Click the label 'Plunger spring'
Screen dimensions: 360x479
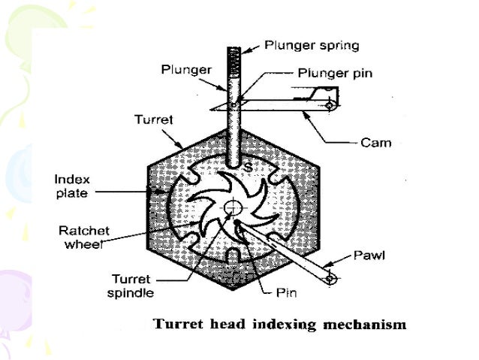click(x=312, y=45)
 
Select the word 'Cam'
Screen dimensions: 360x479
click(x=375, y=141)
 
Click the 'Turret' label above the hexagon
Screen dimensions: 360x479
click(x=150, y=119)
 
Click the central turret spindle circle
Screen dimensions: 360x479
click(x=233, y=207)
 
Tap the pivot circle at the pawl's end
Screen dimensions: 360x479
click(x=330, y=279)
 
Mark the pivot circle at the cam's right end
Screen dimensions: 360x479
click(x=329, y=106)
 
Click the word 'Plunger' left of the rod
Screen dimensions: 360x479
click(x=182, y=70)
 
